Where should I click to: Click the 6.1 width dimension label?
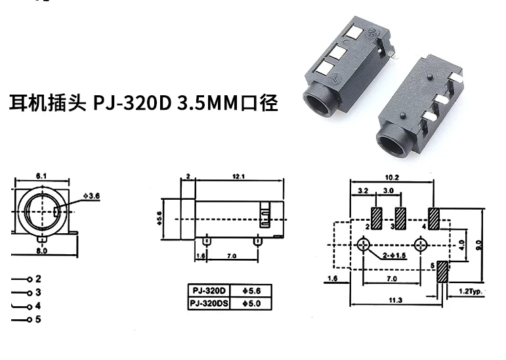click(x=40, y=175)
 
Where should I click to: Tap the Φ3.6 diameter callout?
click(x=93, y=196)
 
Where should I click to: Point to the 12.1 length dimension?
click(x=238, y=176)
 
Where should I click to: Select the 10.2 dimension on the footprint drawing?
click(x=392, y=177)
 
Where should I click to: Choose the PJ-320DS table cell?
click(x=208, y=303)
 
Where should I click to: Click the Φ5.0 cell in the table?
click(x=251, y=303)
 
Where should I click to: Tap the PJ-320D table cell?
click(x=208, y=291)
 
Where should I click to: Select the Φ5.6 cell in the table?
click(x=251, y=291)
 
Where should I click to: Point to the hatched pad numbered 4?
click(x=434, y=218)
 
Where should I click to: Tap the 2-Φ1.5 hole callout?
click(x=392, y=255)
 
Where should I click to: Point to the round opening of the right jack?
click(x=392, y=141)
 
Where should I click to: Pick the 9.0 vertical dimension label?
click(x=479, y=244)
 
